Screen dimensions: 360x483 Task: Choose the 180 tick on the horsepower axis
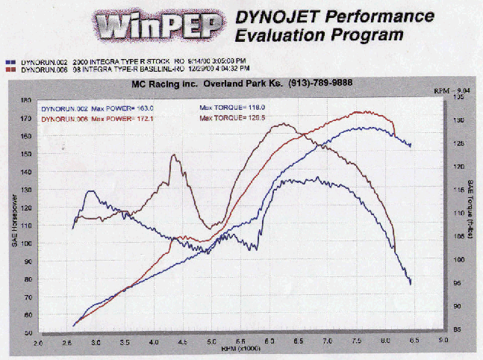[x=26, y=100]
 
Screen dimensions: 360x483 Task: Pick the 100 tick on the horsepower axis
[x=26, y=243]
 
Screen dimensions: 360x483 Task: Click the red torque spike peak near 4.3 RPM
[x=173, y=155]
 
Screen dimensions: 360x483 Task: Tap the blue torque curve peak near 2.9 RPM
[x=90, y=191]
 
